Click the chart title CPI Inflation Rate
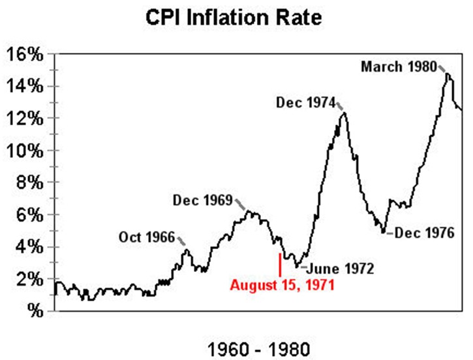[x=234, y=18]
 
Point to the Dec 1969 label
[x=203, y=200]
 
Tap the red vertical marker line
[x=280, y=265]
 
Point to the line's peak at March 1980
[x=448, y=74]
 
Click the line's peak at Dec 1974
[x=344, y=113]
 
